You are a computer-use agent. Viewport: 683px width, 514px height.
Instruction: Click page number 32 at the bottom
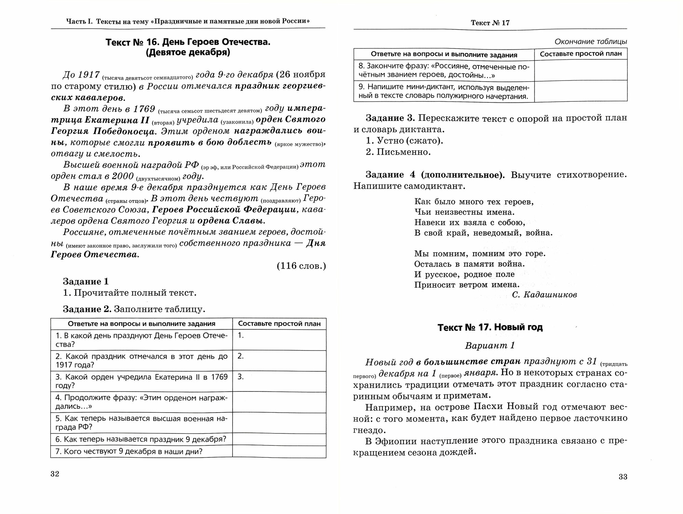click(55, 474)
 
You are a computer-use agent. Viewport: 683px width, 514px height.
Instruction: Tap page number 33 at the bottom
click(623, 477)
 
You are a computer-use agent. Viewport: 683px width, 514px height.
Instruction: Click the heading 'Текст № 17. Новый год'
click(490, 327)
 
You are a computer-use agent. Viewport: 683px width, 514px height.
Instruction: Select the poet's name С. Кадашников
click(544, 295)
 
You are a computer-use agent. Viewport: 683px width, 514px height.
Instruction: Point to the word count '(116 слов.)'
click(301, 266)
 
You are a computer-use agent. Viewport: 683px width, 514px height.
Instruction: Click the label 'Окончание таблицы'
click(591, 42)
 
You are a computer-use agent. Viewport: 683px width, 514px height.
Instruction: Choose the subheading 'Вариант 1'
click(490, 346)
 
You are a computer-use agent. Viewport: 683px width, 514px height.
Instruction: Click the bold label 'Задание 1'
click(86, 282)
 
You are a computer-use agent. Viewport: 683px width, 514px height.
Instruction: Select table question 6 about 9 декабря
click(141, 439)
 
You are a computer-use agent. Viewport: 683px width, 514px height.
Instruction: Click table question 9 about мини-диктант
click(444, 91)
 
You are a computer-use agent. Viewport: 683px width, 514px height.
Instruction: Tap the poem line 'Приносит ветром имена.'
click(467, 285)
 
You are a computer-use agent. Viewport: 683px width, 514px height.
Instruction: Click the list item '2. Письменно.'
click(398, 152)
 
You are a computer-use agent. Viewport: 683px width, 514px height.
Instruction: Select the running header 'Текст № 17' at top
click(490, 23)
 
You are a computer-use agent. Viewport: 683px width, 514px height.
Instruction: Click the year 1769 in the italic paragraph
click(144, 109)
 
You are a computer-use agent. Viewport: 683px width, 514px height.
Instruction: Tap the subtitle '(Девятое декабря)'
click(188, 53)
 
